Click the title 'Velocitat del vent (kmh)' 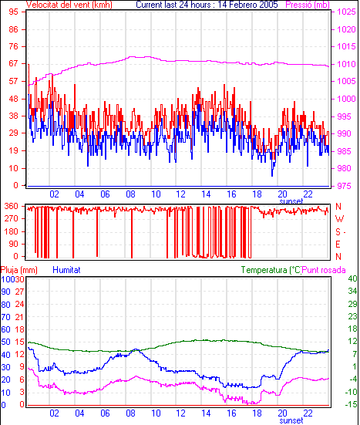[69, 5]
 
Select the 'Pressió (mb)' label [308, 5]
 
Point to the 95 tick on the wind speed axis [14, 12]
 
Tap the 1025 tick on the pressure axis [346, 12]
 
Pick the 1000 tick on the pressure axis [346, 99]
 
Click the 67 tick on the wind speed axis [14, 63]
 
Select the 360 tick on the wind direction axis [12, 206]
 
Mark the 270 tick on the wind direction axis [12, 218]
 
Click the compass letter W [339, 219]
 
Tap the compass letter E [338, 245]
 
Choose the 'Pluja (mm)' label [19, 270]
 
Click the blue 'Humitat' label [66, 270]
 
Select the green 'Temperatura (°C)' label [271, 270]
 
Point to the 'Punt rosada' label [324, 270]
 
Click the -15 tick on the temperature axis [351, 404]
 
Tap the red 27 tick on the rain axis [19, 292]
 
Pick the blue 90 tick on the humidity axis [5, 292]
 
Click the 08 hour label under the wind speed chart [130, 194]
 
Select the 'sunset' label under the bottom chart [291, 420]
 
